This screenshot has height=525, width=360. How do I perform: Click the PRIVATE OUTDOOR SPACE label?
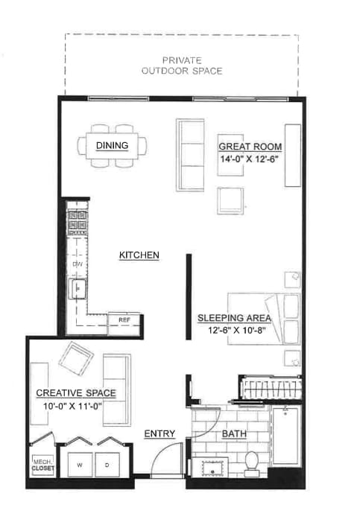point(183,66)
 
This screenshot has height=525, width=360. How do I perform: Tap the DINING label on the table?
point(112,145)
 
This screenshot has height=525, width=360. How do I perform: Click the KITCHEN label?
point(139,255)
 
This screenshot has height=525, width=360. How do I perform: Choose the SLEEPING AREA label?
point(234,317)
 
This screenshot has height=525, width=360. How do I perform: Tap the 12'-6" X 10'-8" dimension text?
point(234,331)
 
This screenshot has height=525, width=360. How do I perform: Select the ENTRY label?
point(159,433)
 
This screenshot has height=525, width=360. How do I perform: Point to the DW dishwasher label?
point(76,264)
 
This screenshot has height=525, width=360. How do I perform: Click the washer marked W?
point(79,465)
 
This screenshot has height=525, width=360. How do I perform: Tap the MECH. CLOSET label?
point(42,465)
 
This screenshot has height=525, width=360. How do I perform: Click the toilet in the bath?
point(251,462)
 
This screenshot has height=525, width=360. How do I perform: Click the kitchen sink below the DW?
point(76,288)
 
